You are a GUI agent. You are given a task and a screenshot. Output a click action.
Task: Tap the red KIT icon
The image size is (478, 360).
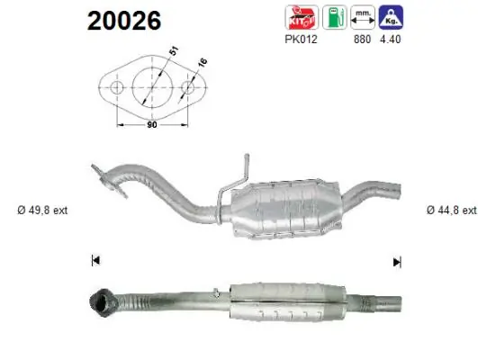click(299, 16)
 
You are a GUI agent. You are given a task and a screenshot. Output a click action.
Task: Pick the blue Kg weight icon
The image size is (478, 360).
click(391, 16)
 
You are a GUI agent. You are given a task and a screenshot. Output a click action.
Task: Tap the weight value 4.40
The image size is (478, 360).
click(390, 39)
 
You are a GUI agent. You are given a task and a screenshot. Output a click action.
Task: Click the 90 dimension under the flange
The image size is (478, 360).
click(150, 124)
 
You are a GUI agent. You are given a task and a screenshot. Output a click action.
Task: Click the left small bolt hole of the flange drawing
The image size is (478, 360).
click(116, 88)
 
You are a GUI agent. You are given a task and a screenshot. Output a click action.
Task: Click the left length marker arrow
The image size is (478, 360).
click(95, 262)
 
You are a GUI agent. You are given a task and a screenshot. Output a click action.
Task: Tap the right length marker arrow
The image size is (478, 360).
click(395, 262)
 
